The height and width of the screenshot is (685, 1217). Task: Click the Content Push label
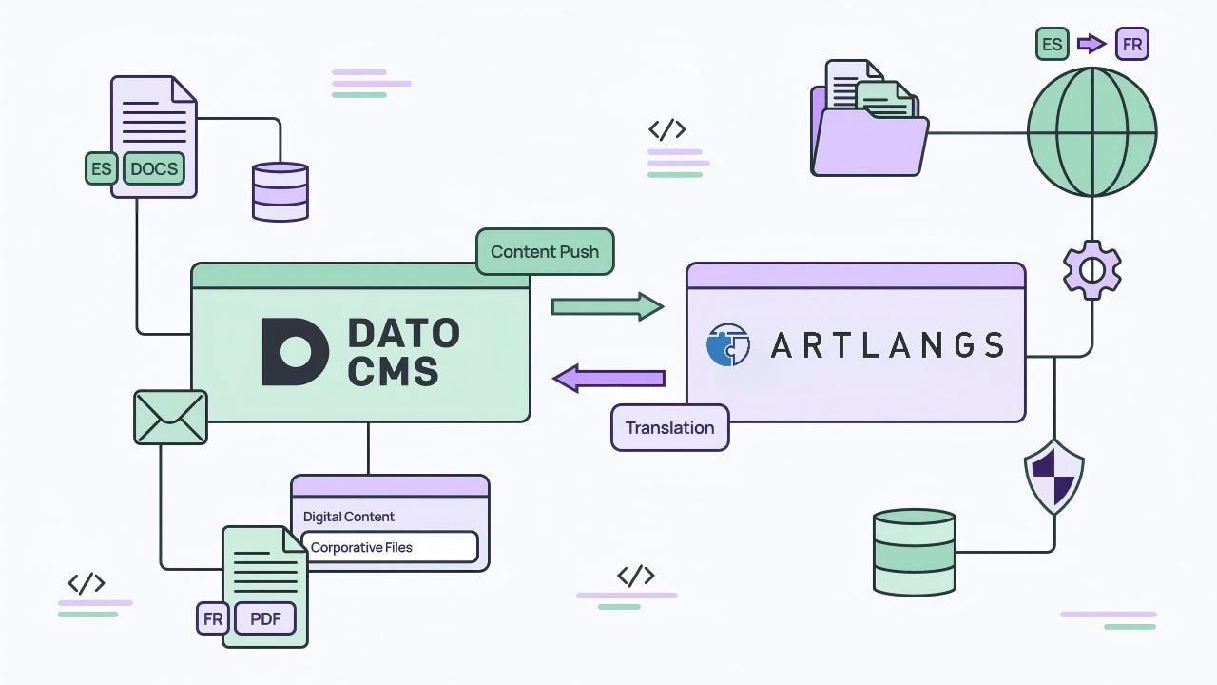(x=545, y=252)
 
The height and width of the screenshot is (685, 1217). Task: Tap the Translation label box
(x=669, y=427)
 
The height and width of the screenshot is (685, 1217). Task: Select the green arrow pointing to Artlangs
(x=607, y=306)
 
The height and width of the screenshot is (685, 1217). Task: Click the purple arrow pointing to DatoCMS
(x=608, y=378)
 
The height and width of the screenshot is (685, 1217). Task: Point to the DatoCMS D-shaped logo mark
(x=294, y=352)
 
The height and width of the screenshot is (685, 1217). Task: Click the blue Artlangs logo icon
(x=728, y=344)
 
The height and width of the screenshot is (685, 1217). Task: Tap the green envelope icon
(x=170, y=418)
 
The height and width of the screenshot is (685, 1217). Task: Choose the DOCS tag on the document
(x=154, y=169)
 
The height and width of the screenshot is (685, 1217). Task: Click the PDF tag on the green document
(x=265, y=619)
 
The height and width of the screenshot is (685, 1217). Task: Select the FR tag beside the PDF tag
(x=213, y=619)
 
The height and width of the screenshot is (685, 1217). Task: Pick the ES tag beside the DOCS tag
(x=101, y=169)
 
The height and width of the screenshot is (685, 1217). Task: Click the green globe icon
(x=1091, y=131)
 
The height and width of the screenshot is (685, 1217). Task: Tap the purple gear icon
(x=1091, y=270)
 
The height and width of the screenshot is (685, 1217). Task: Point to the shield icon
(x=1053, y=476)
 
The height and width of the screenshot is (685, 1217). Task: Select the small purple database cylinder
(x=280, y=191)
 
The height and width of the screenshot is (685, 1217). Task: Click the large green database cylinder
(x=914, y=552)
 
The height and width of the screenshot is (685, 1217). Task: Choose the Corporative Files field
(x=389, y=547)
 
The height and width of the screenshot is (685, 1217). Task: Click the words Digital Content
(x=348, y=517)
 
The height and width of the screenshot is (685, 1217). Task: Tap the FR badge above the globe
(x=1131, y=44)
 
